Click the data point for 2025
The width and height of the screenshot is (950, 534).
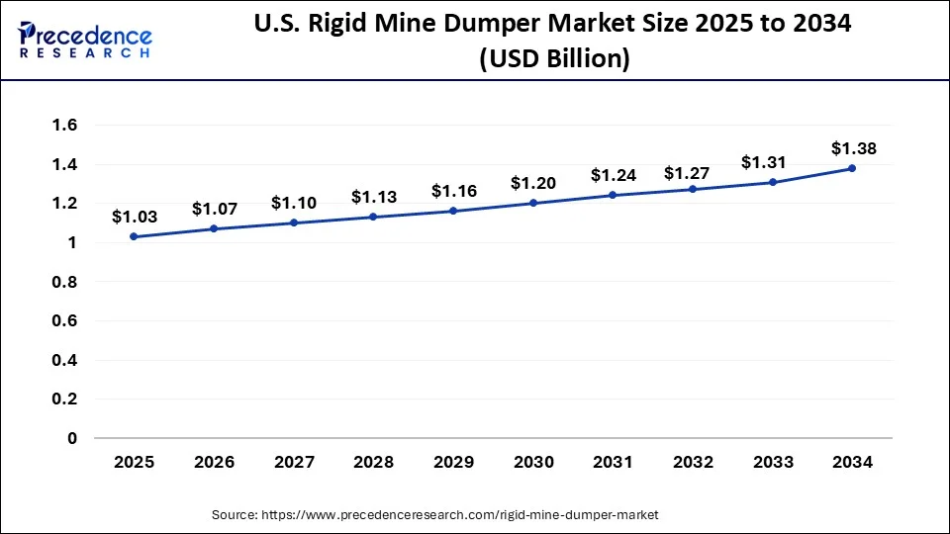coord(134,236)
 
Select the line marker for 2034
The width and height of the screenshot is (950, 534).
coord(853,168)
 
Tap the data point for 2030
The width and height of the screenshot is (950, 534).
coord(533,203)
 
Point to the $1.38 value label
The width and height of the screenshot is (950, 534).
coord(853,148)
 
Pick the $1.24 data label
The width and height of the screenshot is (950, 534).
coord(613,175)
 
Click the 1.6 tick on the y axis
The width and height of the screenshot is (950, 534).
coord(65,126)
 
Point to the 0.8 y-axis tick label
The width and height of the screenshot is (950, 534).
coord(65,282)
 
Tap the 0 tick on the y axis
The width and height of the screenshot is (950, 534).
coord(72,438)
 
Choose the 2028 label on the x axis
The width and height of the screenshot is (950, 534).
coord(373,462)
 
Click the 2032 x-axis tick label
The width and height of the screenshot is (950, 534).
coord(693,462)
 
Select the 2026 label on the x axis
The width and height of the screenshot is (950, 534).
coord(213,462)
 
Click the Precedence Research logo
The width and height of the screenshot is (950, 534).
coord(85,40)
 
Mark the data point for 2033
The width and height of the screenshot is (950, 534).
coord(773,182)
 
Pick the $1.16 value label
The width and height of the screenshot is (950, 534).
coord(452,189)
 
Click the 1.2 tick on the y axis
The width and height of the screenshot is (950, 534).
coord(65,204)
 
